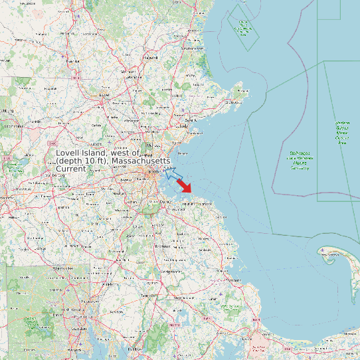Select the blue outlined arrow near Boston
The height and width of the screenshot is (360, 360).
pyautogui.click(x=173, y=175)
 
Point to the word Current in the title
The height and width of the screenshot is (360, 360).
pyautogui.click(x=71, y=169)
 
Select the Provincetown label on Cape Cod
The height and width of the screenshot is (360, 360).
pyautogui.click(x=330, y=260)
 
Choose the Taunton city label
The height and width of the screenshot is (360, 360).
pyautogui.click(x=147, y=296)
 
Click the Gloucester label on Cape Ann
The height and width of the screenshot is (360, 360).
pyautogui.click(x=234, y=102)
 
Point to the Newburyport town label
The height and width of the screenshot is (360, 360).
pyautogui.click(x=193, y=48)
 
